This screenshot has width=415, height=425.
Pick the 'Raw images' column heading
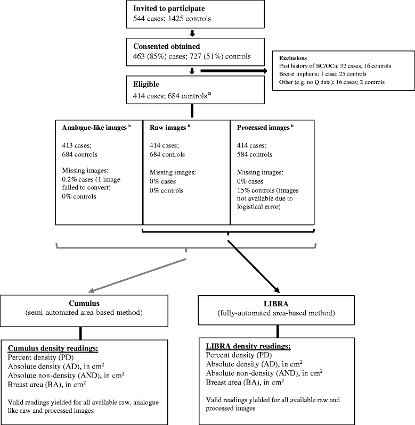pos(166,128)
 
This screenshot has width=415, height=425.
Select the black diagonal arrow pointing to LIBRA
pos(253,266)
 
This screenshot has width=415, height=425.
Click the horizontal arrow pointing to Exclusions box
pos(232,69)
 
